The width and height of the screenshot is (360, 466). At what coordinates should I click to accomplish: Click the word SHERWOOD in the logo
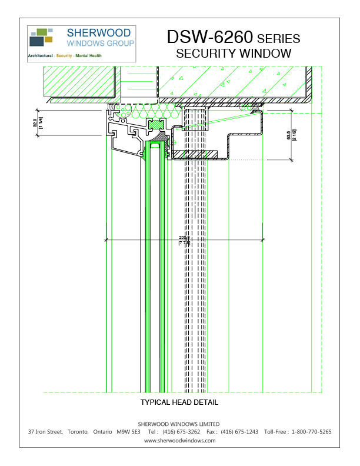[x=101, y=33]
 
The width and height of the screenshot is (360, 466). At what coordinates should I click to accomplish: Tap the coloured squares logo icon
[x=41, y=37]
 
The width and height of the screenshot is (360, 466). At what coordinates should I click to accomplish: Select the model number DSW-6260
[x=209, y=37]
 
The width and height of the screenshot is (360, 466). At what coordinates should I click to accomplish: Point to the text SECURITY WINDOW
[x=234, y=54]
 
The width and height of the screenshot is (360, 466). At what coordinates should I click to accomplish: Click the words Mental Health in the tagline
[x=89, y=56]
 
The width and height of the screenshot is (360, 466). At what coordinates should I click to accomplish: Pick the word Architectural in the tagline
[x=41, y=56]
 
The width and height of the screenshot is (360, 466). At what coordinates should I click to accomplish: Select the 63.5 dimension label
[x=288, y=137]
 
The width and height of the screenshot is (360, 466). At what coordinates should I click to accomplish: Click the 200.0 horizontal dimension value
[x=184, y=238]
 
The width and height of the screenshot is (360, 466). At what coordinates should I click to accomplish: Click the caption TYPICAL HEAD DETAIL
[x=179, y=402]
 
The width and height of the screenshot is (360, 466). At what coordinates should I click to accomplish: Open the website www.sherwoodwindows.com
[x=179, y=440]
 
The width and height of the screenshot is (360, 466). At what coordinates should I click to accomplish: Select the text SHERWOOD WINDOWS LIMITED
[x=179, y=424]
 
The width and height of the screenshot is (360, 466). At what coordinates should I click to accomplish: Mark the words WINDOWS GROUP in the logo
[x=101, y=44]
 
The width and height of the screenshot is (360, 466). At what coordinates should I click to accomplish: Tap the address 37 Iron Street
[x=45, y=432]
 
